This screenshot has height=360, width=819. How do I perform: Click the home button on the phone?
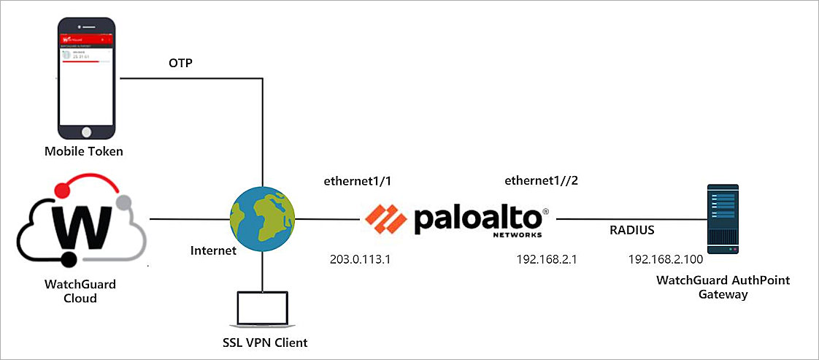coord(88,131)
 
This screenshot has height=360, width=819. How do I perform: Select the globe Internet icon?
coord(262,219)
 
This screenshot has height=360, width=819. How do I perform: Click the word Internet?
coord(213,251)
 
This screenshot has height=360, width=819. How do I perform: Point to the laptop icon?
coord(261,310)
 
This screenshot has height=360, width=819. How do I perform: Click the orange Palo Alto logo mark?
coord(386,218)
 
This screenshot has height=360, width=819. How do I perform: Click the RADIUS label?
coord(633,231)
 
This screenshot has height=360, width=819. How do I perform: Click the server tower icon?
coord(723,219)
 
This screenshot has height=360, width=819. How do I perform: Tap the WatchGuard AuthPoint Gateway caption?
coord(723,287)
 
